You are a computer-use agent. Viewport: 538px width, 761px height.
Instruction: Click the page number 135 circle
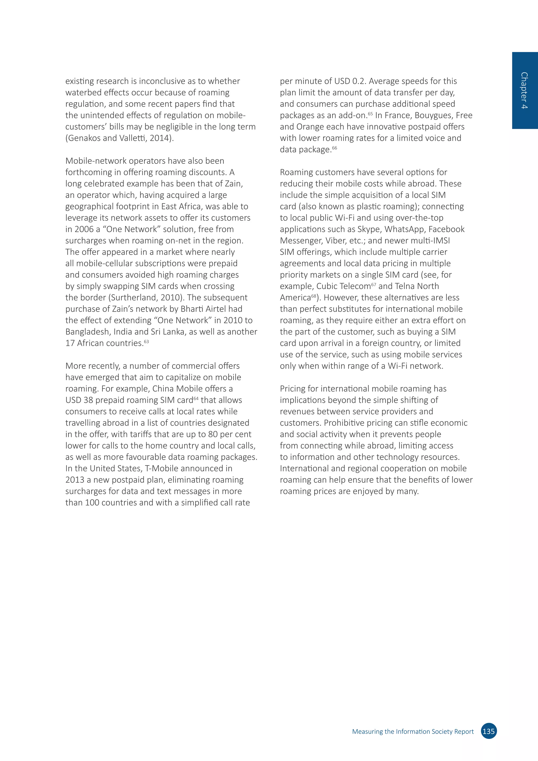pyautogui.click(x=489, y=731)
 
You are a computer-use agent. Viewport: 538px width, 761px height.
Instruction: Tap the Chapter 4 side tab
pyautogui.click(x=524, y=90)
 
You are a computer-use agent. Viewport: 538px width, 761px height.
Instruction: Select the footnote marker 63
pyautogui.click(x=146, y=341)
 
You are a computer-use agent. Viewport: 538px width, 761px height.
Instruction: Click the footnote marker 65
pyautogui.click(x=370, y=113)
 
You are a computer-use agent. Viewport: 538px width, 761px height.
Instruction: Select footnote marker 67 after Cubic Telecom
pyautogui.click(x=373, y=284)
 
